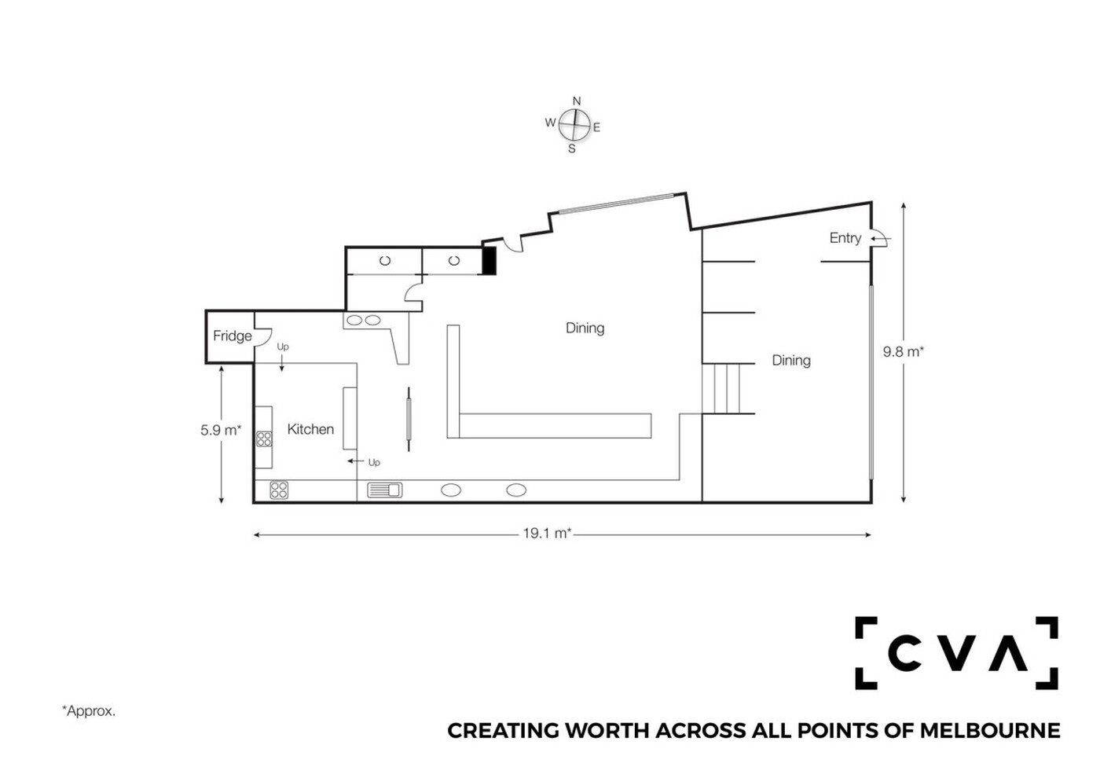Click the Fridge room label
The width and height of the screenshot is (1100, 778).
(x=233, y=336)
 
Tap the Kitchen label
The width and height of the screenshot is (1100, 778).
(x=310, y=429)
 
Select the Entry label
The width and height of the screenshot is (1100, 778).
(x=845, y=238)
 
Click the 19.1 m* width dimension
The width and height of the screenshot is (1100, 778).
(x=547, y=534)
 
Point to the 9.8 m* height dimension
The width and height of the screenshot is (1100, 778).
(x=904, y=352)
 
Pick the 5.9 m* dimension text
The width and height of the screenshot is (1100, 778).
(x=221, y=431)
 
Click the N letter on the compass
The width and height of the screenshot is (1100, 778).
(x=577, y=101)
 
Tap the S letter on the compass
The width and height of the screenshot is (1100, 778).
(x=572, y=149)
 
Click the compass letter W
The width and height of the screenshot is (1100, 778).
(x=551, y=123)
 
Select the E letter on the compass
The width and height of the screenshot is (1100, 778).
(x=596, y=127)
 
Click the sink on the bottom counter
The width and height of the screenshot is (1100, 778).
(x=385, y=490)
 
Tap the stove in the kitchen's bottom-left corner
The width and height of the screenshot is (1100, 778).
(x=279, y=490)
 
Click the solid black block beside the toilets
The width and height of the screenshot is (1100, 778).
(x=489, y=260)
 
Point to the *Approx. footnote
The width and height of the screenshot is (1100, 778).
(x=89, y=710)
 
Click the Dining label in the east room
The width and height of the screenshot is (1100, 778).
(x=791, y=361)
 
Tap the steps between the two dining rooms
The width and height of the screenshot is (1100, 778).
(x=721, y=388)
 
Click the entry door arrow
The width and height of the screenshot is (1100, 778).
(x=881, y=239)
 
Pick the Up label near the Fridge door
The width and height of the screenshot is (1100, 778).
(x=283, y=347)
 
